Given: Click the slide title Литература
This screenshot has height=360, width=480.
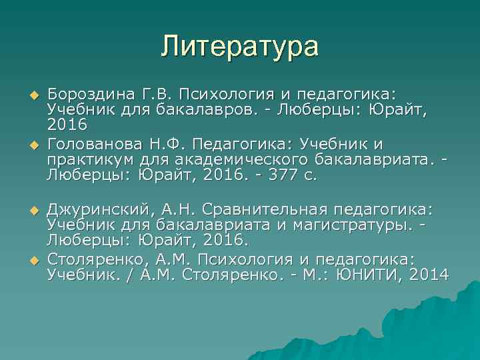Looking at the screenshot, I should (239, 47).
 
